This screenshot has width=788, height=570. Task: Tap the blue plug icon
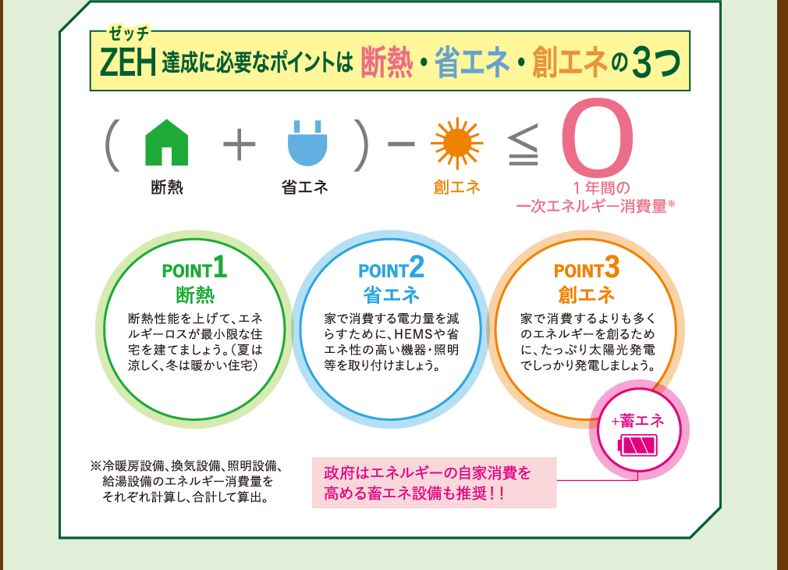click(307, 144)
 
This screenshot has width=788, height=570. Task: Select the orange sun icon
click(457, 144)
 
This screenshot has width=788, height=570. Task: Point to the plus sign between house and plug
click(240, 144)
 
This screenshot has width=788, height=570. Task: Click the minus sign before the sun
click(401, 144)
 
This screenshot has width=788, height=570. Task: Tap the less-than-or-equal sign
click(524, 145)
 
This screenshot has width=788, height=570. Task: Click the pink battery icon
click(638, 445)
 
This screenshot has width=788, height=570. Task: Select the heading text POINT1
click(194, 267)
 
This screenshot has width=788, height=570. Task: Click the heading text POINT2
click(391, 267)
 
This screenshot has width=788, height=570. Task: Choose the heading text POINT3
click(587, 267)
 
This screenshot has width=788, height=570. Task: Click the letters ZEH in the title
click(128, 62)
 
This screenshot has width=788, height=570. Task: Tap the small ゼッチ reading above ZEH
click(130, 34)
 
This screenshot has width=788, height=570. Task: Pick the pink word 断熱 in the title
click(387, 62)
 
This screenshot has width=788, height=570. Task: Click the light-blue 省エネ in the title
click(472, 62)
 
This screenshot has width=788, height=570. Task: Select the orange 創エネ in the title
click(570, 62)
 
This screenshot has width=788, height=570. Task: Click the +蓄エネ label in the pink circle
click(637, 421)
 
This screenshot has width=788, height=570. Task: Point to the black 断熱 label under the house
click(167, 187)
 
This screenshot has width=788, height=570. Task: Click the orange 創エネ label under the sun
click(457, 187)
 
